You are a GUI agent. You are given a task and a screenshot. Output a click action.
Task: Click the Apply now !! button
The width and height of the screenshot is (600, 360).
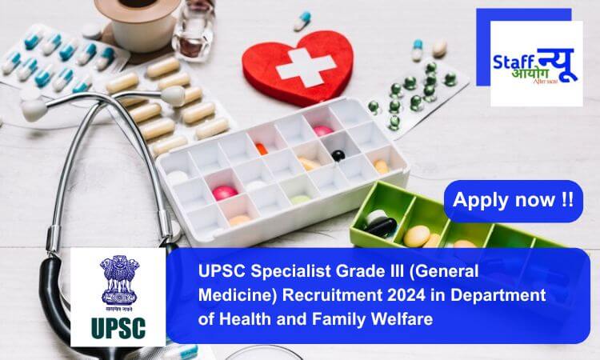click(x=513, y=201)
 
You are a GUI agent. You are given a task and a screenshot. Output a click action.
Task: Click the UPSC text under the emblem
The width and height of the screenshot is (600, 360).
click(x=118, y=328)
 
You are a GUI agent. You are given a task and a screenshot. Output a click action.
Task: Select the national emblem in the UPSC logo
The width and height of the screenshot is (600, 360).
click(x=118, y=282)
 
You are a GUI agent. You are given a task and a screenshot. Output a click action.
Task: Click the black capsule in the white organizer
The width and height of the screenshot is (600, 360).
click(x=338, y=156)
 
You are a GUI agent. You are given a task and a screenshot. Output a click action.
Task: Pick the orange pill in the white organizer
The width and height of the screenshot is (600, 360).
click(x=261, y=149)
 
